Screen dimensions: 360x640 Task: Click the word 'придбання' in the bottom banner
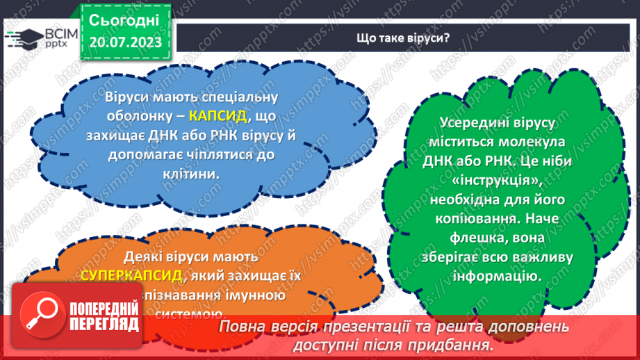pos(457,345)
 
